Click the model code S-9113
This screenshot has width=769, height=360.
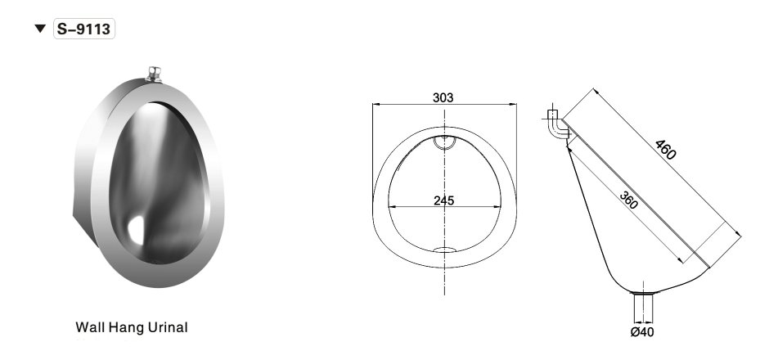click(x=84, y=29)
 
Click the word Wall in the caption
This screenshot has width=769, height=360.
click(x=89, y=327)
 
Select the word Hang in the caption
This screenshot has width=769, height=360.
click(x=124, y=327)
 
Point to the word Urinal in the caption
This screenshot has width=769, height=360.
click(x=167, y=327)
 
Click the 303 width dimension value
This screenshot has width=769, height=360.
click(x=443, y=97)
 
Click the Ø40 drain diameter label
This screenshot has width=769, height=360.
click(x=642, y=331)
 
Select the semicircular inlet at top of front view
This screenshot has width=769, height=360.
click(x=444, y=142)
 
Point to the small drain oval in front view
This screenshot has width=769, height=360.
click(x=444, y=250)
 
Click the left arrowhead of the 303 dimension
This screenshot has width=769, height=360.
click(x=376, y=105)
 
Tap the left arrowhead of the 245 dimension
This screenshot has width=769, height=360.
click(x=390, y=205)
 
